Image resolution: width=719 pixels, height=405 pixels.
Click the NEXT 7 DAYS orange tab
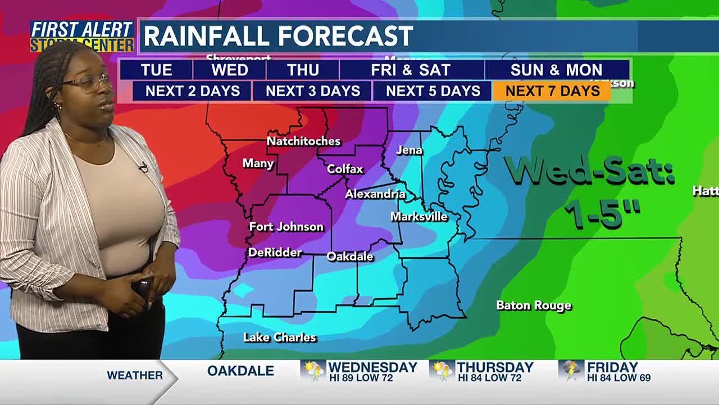552,91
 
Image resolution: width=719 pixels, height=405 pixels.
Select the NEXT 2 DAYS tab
192,91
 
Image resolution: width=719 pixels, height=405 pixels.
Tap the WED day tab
229,70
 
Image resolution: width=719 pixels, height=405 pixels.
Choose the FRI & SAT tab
411,70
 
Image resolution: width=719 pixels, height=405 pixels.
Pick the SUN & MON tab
556,70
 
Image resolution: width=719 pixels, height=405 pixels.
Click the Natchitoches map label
303,141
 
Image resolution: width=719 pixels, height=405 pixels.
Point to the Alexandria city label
375,194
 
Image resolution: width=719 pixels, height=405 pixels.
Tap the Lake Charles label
279,337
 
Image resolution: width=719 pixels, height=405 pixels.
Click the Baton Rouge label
534,305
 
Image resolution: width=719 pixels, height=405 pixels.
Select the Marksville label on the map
419,217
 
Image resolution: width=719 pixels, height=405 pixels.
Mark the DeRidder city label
275,253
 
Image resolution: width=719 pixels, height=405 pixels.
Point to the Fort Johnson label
286,227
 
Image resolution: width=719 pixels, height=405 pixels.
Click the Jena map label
409,150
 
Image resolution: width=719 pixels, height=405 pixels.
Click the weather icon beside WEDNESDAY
313,371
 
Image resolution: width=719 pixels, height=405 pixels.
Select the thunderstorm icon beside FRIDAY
571,371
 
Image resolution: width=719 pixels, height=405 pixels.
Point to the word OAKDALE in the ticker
240,371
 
